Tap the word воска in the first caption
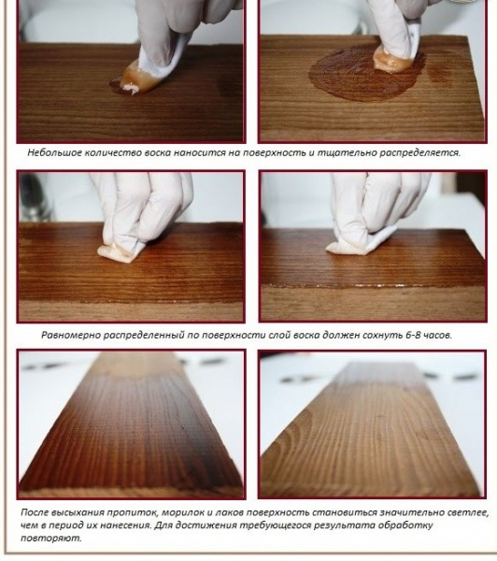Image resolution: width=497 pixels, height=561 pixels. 158,152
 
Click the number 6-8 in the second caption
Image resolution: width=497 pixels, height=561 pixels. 416,335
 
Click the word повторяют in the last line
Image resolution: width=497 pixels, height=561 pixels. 50,538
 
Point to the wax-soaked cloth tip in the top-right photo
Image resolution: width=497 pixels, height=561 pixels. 392,62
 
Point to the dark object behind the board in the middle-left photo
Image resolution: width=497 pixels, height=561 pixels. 34,196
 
